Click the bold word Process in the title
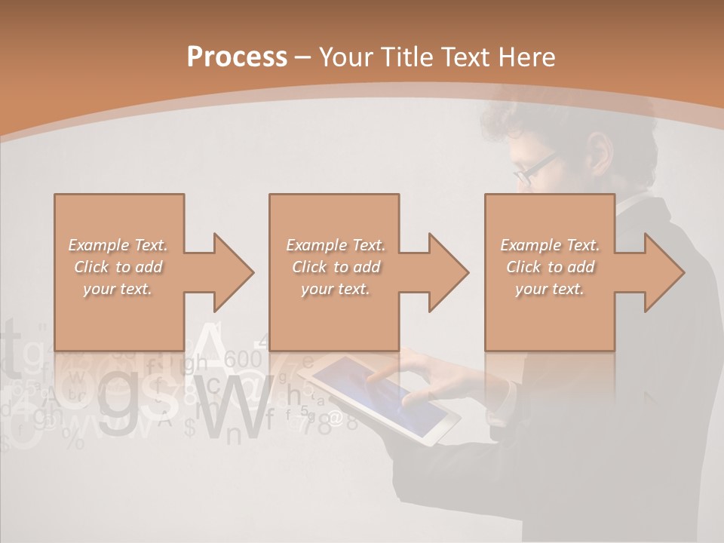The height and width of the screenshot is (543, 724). pyautogui.click(x=237, y=57)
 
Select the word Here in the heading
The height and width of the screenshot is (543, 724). pyautogui.click(x=527, y=57)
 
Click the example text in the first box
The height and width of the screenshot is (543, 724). pyautogui.click(x=118, y=267)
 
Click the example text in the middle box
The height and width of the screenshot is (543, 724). pyautogui.click(x=335, y=267)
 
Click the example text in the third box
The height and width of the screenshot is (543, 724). pyautogui.click(x=550, y=267)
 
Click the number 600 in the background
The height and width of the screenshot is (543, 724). pyautogui.click(x=243, y=359)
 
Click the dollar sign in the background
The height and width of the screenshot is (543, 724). pyautogui.click(x=189, y=428)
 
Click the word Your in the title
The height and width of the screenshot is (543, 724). pyautogui.click(x=345, y=57)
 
